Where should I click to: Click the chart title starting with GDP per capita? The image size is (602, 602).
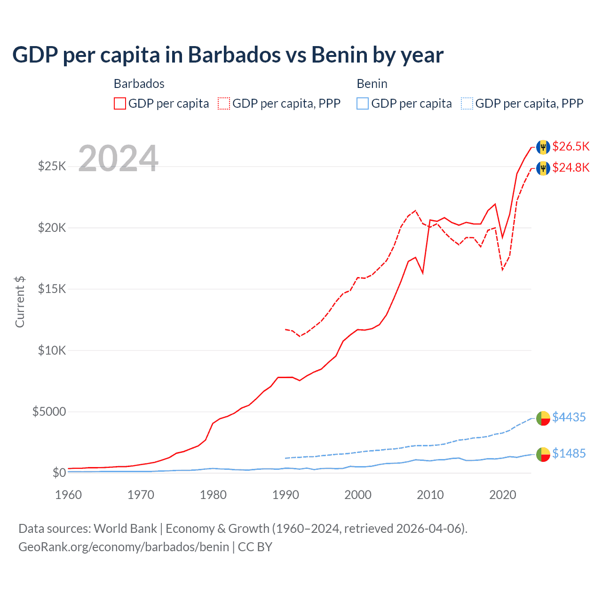tap(228, 55)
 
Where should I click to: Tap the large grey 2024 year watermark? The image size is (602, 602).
tap(118, 158)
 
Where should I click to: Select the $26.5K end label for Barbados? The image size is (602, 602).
tap(570, 146)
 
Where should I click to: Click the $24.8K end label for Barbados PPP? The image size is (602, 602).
tap(570, 167)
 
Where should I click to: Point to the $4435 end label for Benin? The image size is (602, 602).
tap(569, 417)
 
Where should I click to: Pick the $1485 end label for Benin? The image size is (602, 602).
tap(569, 453)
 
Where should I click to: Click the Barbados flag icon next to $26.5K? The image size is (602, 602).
tap(543, 147)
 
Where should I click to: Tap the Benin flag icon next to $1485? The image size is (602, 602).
tap(543, 454)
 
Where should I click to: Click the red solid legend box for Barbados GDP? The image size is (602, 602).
tap(120, 103)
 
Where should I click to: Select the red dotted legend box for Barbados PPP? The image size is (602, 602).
tap(224, 103)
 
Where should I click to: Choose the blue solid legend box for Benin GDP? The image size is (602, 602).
tap(363, 103)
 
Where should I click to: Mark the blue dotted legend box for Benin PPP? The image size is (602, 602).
tap(467, 103)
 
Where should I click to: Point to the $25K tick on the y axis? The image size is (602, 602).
tap(52, 166)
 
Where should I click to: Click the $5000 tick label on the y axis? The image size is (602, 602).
tap(49, 412)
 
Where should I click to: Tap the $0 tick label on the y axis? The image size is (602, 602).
tap(59, 473)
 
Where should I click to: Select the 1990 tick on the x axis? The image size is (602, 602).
tap(285, 495)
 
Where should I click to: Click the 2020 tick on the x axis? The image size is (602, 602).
tap(503, 495)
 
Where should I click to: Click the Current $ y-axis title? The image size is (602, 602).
tap(20, 302)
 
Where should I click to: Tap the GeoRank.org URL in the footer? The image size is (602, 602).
tap(124, 547)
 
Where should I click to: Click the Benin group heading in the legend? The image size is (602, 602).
tap(372, 84)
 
